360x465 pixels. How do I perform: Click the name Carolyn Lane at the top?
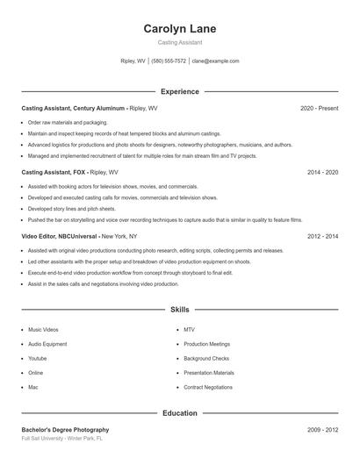coord(179,29)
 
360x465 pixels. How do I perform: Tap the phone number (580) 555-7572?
coord(169,61)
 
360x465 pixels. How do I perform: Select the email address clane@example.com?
coord(215,61)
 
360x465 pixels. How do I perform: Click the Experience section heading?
coord(179,91)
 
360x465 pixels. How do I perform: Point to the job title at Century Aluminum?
coord(74,108)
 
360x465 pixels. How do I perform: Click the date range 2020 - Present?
coord(319,108)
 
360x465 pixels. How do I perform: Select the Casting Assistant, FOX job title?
coord(54,173)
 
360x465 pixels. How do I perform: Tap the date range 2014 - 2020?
coord(322,173)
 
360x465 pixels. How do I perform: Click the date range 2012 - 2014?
coord(322,237)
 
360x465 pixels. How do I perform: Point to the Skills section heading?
coord(179,310)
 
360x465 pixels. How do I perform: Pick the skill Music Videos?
coord(43,330)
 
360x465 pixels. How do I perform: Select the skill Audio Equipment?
coord(47,344)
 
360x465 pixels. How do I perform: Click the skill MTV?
coord(189,330)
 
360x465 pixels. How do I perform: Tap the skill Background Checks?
coord(206,358)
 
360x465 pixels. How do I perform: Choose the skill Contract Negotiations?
coord(208,387)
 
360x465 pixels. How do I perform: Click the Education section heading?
coord(179,412)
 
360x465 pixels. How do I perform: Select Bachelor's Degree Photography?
coord(66,430)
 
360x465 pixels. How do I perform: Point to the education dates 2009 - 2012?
coord(322,430)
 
